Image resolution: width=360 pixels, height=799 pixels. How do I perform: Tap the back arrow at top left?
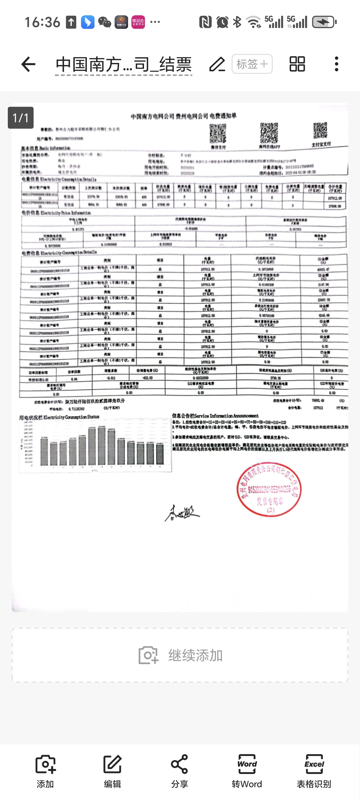point(28,64)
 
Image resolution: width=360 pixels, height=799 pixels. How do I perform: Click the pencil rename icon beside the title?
point(217,64)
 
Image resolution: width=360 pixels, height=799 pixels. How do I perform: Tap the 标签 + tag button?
point(252,64)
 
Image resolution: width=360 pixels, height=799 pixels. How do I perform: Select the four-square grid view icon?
point(297,64)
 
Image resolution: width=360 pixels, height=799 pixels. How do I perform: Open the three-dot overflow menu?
point(336,64)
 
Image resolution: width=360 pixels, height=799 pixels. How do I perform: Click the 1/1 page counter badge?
point(20,118)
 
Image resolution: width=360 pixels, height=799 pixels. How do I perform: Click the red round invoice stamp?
point(269,489)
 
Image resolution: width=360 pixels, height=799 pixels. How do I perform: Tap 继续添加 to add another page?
point(180,655)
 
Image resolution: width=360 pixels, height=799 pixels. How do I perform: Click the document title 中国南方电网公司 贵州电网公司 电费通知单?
point(183,117)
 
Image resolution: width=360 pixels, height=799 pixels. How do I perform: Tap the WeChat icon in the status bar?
point(105,22)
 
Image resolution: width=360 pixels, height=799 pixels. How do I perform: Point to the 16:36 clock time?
point(42,22)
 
